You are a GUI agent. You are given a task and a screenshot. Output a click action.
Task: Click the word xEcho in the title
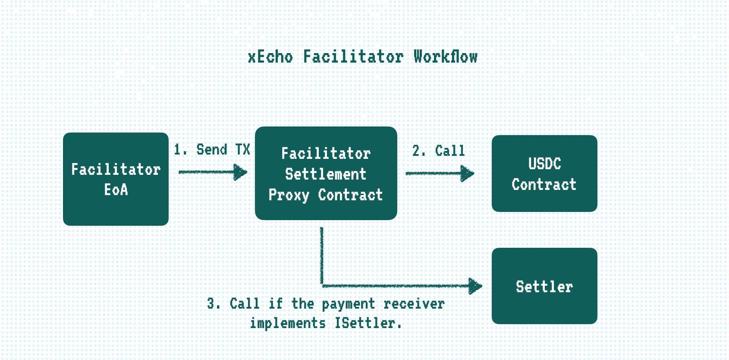[270, 57]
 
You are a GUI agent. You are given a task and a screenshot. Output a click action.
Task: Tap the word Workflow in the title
[445, 57]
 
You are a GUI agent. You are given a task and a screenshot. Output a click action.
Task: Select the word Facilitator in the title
[353, 57]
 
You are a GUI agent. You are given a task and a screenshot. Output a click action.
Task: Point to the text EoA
[116, 189]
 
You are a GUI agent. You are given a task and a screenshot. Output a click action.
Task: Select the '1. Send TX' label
[212, 150]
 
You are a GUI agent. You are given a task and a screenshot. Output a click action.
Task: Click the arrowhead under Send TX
[240, 172]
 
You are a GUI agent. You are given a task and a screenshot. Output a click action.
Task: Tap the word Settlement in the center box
[326, 174]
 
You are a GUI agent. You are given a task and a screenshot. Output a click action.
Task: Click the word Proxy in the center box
[289, 195]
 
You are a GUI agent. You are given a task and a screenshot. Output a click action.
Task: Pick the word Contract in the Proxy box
[350, 195]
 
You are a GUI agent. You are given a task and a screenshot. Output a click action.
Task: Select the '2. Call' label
[438, 151]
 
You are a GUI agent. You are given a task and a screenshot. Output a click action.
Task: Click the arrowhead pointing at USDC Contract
[467, 174]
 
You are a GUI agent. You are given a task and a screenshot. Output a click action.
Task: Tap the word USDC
[544, 164]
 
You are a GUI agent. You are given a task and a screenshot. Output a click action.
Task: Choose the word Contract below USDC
[544, 185]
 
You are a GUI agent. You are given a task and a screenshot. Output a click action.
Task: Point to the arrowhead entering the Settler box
[475, 286]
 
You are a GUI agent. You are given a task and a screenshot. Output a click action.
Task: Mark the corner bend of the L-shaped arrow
[322, 285]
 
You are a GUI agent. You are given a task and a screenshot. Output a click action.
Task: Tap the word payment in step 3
[348, 304]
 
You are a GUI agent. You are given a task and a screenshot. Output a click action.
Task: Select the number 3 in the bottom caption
[211, 303]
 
